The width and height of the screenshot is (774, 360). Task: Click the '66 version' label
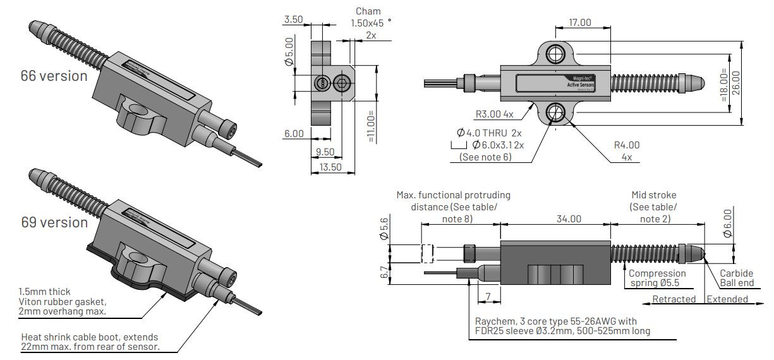54,76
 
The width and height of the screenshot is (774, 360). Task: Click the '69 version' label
54,222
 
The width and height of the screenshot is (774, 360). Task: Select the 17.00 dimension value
579,22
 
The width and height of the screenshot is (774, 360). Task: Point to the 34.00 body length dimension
569,219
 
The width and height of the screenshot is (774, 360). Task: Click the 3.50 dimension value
294,20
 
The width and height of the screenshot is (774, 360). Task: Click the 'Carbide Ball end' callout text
737,278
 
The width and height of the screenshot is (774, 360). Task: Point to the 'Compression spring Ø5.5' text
656,278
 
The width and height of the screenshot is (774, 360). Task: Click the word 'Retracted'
674,299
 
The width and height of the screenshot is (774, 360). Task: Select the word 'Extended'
727,299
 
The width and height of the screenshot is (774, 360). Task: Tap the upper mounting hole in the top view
557,52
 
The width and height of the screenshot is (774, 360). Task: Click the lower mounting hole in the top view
557,112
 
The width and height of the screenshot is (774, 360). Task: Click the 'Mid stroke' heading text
653,195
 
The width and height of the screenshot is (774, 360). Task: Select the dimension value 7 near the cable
488,296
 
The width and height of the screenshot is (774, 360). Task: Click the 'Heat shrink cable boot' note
89,342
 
